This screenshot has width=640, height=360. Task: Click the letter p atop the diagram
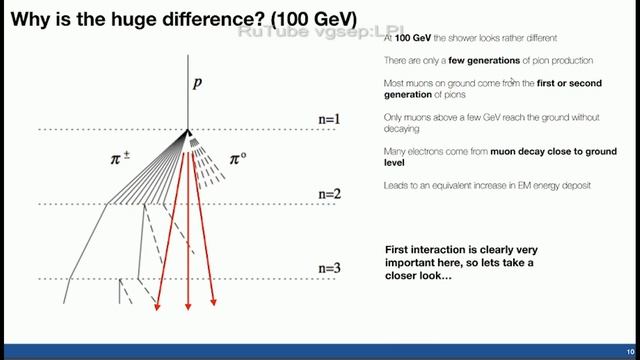(197, 84)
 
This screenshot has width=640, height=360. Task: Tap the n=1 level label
(329, 120)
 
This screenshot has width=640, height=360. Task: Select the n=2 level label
(329, 193)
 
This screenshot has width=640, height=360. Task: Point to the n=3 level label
(329, 268)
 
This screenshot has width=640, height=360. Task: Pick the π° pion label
(241, 157)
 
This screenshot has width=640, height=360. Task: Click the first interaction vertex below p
(187, 130)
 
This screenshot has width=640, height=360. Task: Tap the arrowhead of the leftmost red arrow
(157, 308)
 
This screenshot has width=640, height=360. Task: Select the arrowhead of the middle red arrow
(188, 307)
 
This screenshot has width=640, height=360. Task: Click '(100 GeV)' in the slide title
(303, 19)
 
